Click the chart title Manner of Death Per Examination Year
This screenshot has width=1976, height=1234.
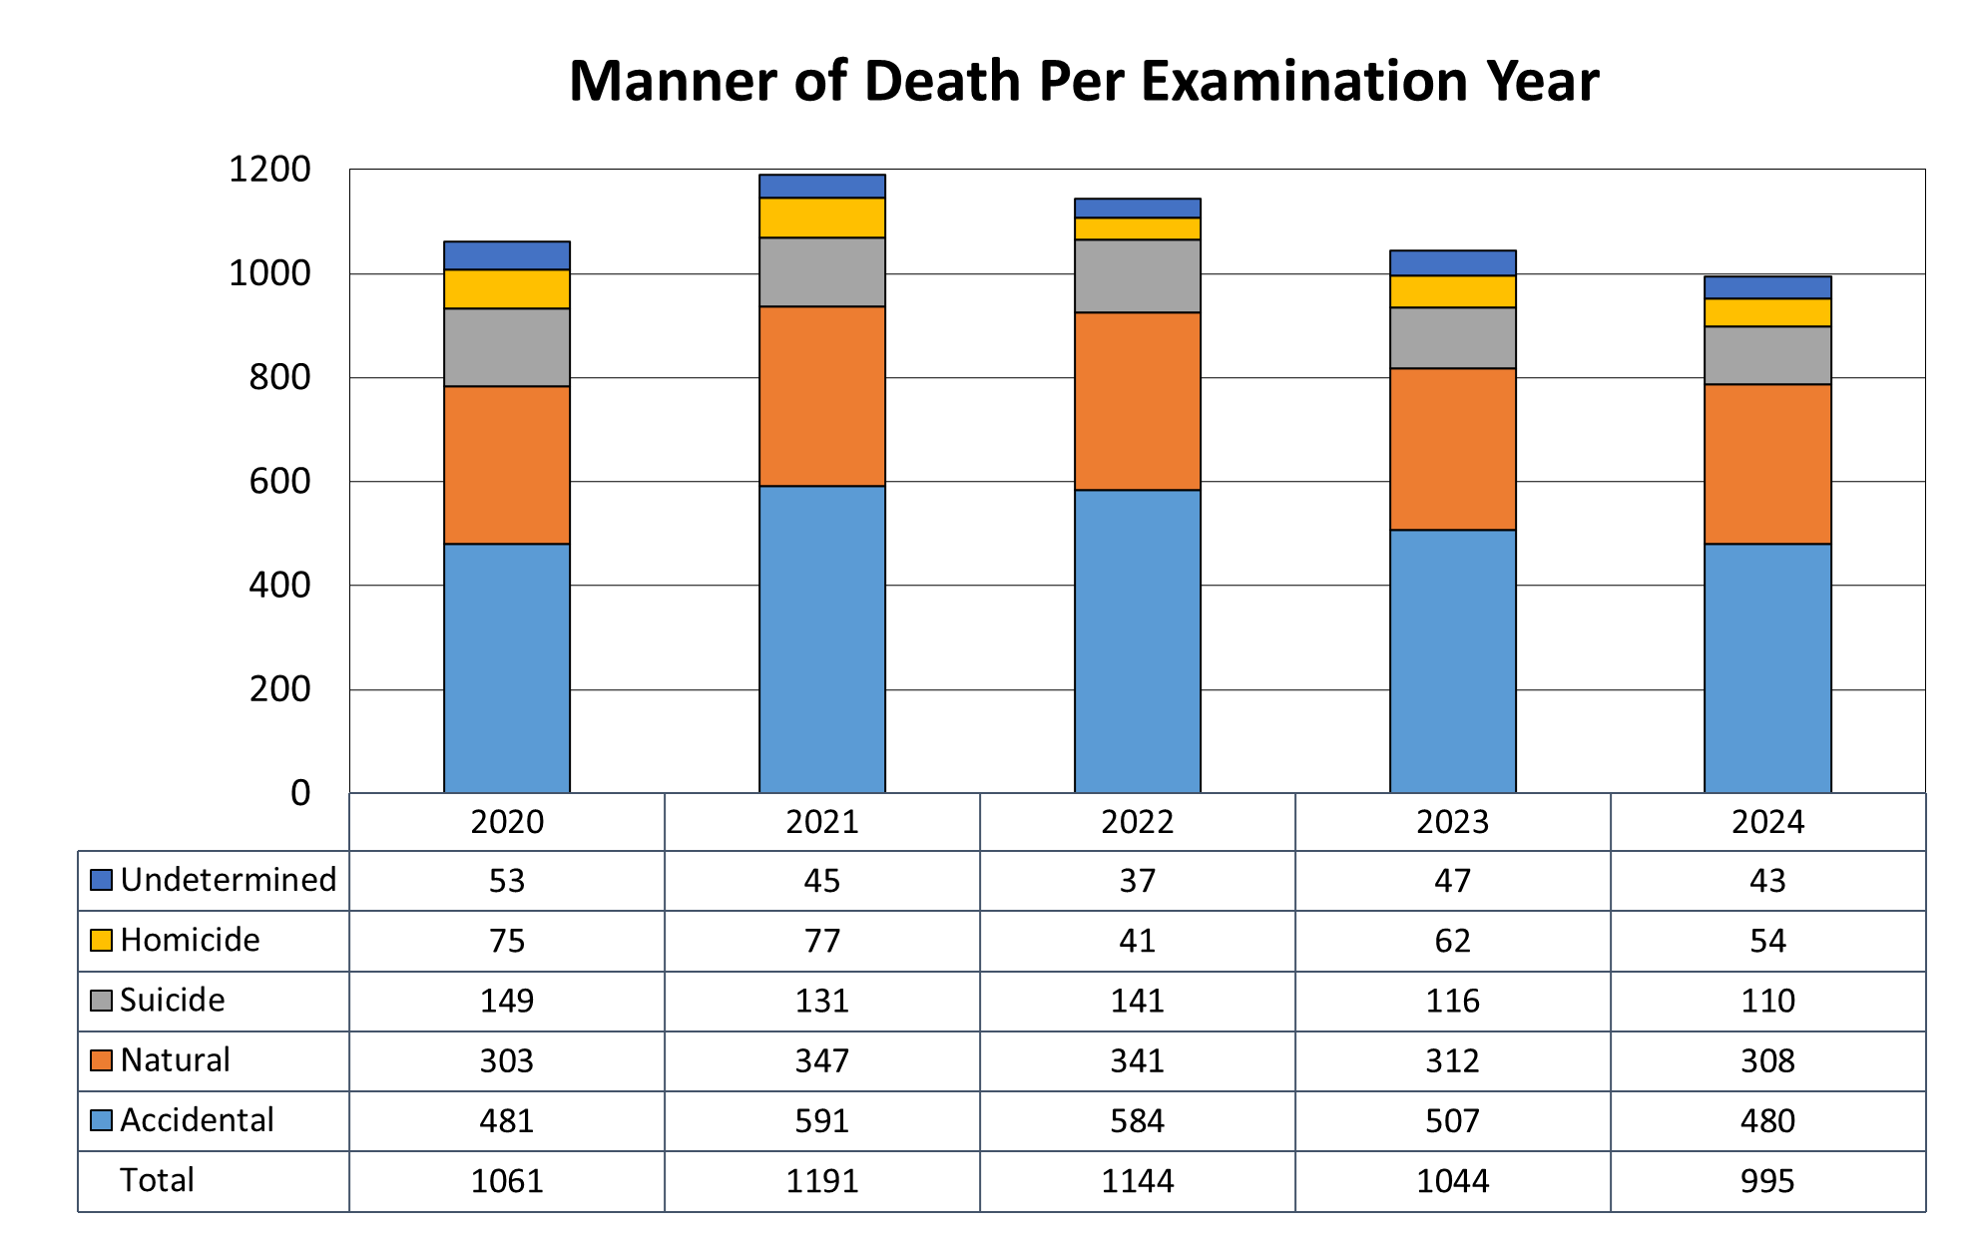pos(1083,81)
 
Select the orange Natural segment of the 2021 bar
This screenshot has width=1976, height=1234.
pos(821,396)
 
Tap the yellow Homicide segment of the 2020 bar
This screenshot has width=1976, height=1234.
pos(506,289)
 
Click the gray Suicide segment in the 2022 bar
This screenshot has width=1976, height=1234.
pos(1137,276)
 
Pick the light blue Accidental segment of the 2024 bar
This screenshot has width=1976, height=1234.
pos(1766,667)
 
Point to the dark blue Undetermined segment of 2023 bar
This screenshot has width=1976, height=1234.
pos(1452,263)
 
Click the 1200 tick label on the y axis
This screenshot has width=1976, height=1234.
pos(269,170)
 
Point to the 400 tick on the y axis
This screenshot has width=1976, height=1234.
pos(279,586)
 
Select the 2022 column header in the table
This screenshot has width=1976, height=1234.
pos(1137,822)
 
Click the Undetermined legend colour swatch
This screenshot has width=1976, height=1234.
pos(101,880)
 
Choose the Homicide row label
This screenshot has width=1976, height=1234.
pos(190,940)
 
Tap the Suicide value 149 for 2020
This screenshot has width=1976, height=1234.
pos(506,1001)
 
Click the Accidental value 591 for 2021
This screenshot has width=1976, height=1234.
pos(821,1121)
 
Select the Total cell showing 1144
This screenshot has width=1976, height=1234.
pos(1137,1181)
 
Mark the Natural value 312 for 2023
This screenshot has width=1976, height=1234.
pos(1452,1060)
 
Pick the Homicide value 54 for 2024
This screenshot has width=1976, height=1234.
pos(1766,941)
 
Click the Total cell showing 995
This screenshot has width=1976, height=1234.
pos(1766,1181)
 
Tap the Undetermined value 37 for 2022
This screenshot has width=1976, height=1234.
pos(1137,881)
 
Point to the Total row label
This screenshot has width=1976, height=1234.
pos(157,1180)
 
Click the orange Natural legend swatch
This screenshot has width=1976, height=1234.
pos(101,1060)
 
